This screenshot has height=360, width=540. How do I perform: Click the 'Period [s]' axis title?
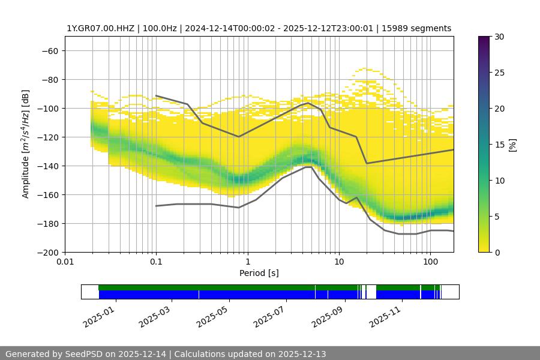pyautogui.click(x=259, y=274)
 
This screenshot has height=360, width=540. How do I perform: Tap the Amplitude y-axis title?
pyautogui.click(x=26, y=144)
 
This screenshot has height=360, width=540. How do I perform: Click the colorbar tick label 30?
pyautogui.click(x=499, y=37)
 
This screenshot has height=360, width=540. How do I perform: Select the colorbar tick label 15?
pyautogui.click(x=499, y=145)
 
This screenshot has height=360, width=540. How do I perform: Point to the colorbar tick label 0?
pyautogui.click(x=496, y=252)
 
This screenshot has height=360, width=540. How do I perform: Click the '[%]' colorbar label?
pyautogui.click(x=512, y=144)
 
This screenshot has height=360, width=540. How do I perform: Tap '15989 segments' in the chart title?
pyautogui.click(x=420, y=28)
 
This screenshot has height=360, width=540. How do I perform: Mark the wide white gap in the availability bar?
pyautogui.click(x=371, y=292)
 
